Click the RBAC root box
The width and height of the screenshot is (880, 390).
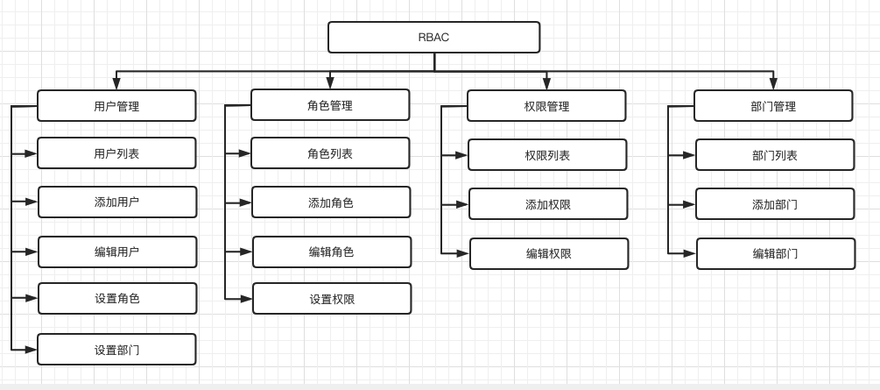click(433, 38)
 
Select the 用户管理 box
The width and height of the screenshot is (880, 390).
click(116, 106)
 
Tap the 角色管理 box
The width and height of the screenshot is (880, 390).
click(330, 105)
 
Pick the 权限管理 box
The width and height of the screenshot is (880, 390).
click(546, 106)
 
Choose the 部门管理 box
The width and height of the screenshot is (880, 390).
click(773, 106)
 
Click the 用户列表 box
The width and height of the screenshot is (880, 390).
click(116, 153)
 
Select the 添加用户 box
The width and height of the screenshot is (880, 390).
click(117, 202)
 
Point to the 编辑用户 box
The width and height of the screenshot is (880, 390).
click(117, 252)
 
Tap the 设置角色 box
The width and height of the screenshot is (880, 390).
click(117, 298)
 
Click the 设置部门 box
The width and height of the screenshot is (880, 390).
click(116, 349)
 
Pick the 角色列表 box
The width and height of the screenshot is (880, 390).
click(330, 153)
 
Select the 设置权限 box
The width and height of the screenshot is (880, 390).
click(332, 299)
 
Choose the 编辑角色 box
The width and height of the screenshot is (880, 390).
click(332, 252)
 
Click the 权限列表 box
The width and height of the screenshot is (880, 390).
click(547, 155)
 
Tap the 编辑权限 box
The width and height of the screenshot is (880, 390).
click(549, 253)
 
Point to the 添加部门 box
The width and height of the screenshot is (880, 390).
click(775, 204)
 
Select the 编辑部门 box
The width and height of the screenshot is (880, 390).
click(776, 253)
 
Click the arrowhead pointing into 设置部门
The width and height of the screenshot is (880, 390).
click(32, 349)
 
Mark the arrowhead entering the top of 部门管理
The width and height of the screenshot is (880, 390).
click(773, 84)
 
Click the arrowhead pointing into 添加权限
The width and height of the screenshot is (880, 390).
click(462, 204)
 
